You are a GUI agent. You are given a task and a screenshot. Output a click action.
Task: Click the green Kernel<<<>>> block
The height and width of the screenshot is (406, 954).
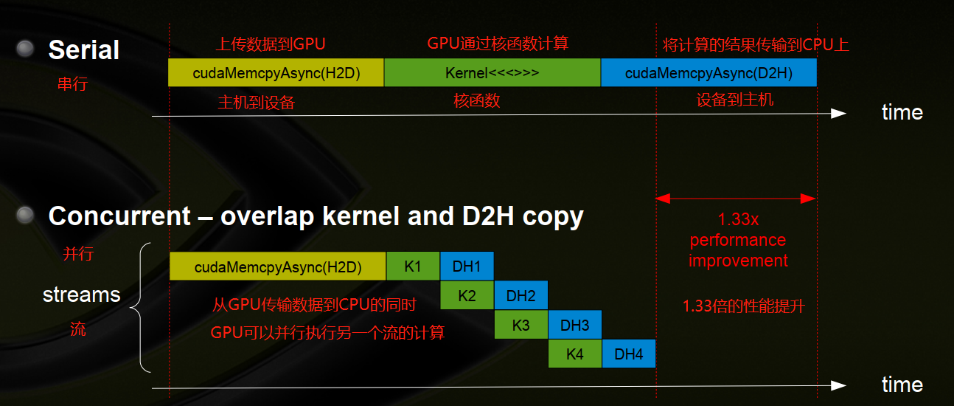point(492,73)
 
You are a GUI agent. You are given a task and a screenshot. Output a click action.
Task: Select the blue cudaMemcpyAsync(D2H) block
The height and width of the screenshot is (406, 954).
point(708,73)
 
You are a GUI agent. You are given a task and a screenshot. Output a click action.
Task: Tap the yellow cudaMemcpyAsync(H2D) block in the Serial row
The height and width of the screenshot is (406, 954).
point(276,73)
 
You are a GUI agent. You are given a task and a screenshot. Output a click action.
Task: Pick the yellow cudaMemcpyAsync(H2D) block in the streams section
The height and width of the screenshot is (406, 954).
point(278,266)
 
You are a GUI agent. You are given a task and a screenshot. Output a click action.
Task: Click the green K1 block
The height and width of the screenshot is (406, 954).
point(413,266)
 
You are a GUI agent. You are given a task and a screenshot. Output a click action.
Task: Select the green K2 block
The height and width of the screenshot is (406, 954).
point(467,295)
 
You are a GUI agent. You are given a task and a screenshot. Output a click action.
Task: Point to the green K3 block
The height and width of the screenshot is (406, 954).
point(520,325)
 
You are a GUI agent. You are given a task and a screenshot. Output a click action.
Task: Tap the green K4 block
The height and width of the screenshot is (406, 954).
point(575,354)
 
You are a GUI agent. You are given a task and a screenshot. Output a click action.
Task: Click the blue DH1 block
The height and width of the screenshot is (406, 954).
point(467,266)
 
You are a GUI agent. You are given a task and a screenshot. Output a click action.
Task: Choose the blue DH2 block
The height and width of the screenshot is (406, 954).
point(521,295)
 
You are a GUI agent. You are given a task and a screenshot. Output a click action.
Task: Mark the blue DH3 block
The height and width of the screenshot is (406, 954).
point(575,325)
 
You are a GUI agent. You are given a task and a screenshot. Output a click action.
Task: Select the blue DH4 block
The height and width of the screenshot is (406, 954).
point(629,354)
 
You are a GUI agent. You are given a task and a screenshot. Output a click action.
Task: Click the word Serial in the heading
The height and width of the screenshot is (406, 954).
point(83,50)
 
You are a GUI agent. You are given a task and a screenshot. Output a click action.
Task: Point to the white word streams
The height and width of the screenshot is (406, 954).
point(81,295)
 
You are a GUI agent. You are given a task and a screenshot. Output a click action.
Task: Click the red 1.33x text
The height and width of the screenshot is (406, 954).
point(738,220)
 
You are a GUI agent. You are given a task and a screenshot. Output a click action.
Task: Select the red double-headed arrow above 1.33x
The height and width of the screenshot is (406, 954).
point(736,199)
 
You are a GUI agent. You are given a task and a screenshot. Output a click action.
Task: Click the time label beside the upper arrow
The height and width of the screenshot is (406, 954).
point(902,112)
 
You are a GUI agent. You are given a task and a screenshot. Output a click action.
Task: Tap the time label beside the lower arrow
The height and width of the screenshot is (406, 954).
point(902,385)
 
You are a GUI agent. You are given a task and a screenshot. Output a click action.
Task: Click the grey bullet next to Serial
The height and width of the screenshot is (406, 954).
point(26,49)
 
